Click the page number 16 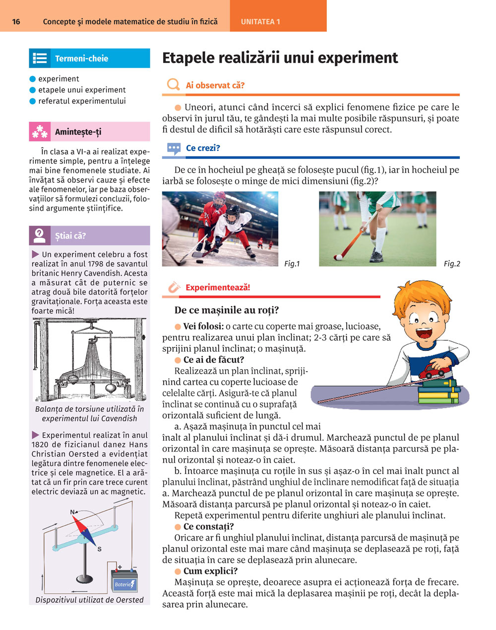click(x=16, y=22)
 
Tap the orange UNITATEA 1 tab click(x=260, y=22)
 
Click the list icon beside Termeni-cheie click(x=40, y=58)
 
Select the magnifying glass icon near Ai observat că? click(x=173, y=84)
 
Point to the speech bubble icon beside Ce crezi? click(x=174, y=148)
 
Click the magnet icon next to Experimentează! click(x=173, y=287)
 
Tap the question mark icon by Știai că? click(x=40, y=236)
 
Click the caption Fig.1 click(x=292, y=264)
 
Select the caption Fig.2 click(x=451, y=264)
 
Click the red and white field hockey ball click(x=338, y=257)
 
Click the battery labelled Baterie click(x=124, y=581)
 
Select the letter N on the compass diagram click(x=73, y=512)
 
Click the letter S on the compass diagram click(x=99, y=549)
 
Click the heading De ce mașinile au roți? click(x=227, y=310)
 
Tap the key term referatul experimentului click(x=82, y=101)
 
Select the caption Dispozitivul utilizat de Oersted click(x=89, y=600)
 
